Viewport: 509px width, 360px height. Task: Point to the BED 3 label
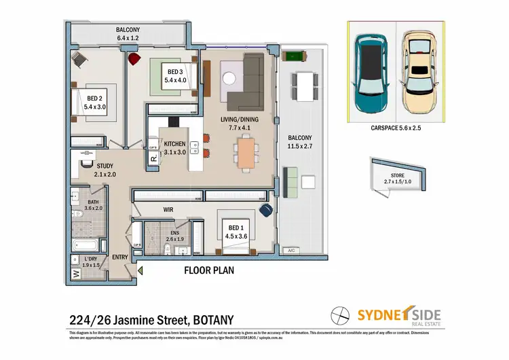tap(175, 76)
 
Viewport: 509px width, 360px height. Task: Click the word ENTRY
tap(120, 257)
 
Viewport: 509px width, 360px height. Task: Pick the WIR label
tap(170, 211)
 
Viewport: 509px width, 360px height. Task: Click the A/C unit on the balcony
tap(293, 250)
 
